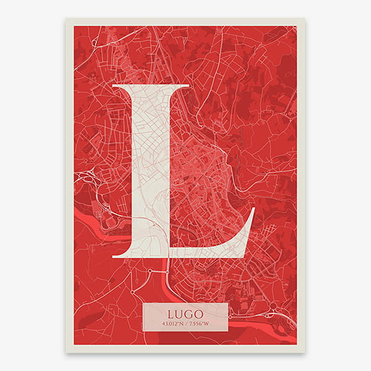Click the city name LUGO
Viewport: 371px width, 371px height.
tap(185, 312)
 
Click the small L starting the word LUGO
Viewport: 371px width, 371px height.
tap(169, 312)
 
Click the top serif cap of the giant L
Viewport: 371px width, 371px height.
tap(151, 87)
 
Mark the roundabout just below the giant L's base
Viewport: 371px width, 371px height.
tap(149, 271)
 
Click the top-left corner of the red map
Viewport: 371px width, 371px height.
tap(74, 26)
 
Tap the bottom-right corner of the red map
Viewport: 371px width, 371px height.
tap(297, 344)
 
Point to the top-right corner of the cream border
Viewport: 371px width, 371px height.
tap(305, 19)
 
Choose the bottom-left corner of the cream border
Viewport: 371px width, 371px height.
tap(66, 352)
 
